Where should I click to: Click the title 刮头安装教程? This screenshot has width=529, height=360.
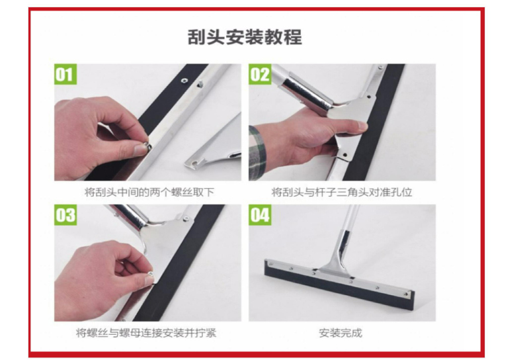[x=245, y=37]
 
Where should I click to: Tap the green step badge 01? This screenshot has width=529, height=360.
[x=65, y=74]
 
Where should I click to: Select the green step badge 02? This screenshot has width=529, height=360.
[x=260, y=74]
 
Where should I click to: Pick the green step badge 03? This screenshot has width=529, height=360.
[x=65, y=215]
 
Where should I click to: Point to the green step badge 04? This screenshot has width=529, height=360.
[x=260, y=215]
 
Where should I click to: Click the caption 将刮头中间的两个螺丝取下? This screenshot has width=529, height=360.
[x=149, y=192]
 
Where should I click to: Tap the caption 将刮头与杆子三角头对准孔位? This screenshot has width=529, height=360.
[x=342, y=192]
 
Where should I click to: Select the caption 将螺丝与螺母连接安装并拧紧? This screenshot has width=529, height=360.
[x=146, y=333]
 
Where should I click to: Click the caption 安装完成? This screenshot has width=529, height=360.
[x=341, y=333]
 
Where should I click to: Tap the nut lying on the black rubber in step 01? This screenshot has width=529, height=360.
[x=184, y=80]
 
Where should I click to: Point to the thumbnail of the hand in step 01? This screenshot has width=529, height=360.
[x=140, y=150]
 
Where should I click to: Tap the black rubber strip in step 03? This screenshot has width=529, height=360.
[x=179, y=263]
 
